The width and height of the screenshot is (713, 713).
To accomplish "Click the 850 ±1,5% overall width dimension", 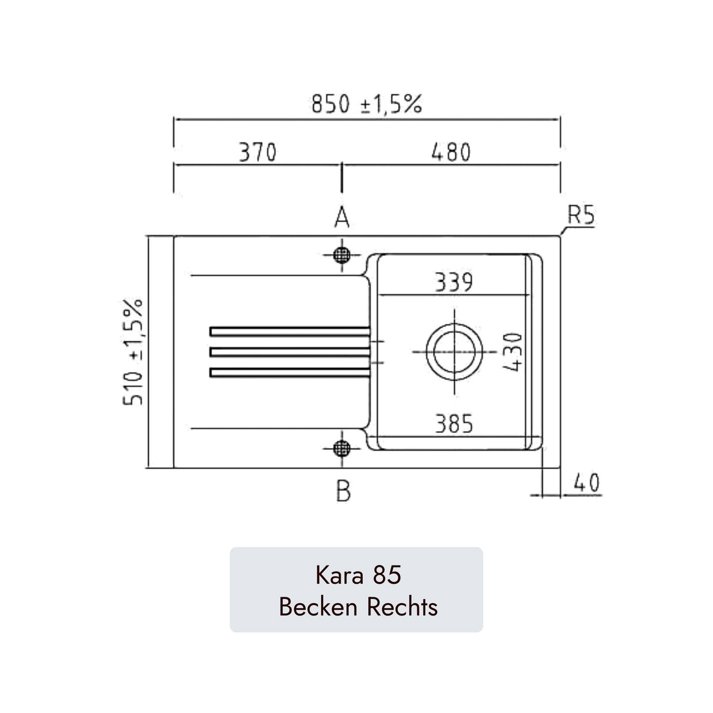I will pos(366,105).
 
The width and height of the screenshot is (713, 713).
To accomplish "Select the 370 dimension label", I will pos(257,153).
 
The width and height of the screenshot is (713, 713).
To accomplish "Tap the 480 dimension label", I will pos(451,153).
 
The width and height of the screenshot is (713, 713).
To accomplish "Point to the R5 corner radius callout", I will pos(581,217).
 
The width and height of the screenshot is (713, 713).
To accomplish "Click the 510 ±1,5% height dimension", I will pos(134,352).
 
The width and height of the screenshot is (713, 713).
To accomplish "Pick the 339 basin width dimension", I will pos(453,282).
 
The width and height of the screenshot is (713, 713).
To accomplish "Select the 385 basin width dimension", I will pos(453,423).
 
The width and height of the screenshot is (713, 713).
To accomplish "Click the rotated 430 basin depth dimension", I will pos(513,352).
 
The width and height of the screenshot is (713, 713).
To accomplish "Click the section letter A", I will pos(342,218).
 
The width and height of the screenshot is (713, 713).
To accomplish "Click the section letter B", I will pos(343,490).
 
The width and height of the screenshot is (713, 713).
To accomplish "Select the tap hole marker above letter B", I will pos(341,449).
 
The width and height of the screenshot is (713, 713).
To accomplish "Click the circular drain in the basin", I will pos(454,351).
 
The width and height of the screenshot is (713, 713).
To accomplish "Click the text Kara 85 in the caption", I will pos(358,575).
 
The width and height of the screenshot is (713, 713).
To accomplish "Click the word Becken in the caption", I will pos(318,606).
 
